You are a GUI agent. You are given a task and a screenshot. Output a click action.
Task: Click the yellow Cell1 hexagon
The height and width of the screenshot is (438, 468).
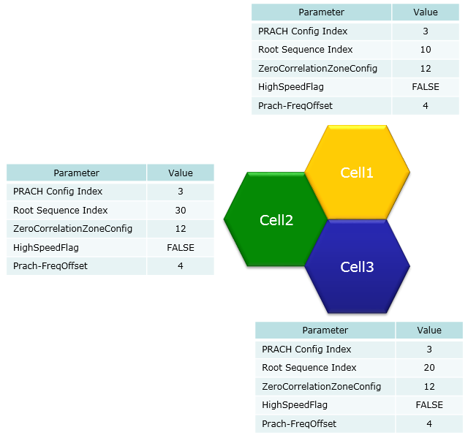click(x=357, y=173)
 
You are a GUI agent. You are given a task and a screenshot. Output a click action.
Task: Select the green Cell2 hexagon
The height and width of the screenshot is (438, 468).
click(x=276, y=219)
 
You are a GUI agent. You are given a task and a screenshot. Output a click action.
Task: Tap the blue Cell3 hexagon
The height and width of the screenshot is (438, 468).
click(x=357, y=266)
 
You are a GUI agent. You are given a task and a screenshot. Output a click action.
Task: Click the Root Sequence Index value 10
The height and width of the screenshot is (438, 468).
click(x=426, y=50)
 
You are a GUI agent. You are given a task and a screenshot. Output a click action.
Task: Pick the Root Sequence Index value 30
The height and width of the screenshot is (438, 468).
click(x=181, y=211)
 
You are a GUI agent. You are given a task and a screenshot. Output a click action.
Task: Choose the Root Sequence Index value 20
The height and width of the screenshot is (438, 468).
click(x=429, y=368)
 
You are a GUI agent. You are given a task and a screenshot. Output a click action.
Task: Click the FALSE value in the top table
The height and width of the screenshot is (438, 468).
click(x=426, y=87)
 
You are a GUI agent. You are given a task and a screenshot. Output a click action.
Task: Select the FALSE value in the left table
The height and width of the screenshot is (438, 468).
click(x=181, y=248)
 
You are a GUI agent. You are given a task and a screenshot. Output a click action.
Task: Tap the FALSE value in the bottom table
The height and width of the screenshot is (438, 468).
click(x=429, y=405)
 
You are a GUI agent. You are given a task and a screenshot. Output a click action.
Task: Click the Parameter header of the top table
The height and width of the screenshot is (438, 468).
click(x=321, y=12)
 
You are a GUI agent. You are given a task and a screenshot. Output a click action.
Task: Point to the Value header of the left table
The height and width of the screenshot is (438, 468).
click(x=181, y=173)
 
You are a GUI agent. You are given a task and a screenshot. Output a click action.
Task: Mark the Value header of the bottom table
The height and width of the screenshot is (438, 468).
click(x=429, y=331)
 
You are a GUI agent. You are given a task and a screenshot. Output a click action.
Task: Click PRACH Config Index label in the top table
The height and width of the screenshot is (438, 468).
click(x=303, y=31)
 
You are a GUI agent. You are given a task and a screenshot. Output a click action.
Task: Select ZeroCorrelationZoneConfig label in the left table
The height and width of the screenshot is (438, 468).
click(x=72, y=229)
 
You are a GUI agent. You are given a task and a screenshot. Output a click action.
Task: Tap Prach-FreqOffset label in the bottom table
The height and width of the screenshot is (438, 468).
click(x=299, y=423)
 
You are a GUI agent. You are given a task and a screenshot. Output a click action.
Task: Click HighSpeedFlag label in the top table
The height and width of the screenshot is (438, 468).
click(x=291, y=87)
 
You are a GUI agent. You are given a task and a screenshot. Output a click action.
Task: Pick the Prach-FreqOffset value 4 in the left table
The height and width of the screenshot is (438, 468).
click(x=181, y=266)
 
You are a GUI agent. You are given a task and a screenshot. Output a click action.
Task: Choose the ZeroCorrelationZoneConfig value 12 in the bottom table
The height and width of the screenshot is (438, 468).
click(x=429, y=387)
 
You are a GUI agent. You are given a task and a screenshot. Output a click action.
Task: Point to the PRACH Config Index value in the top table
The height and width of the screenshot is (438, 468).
click(x=426, y=31)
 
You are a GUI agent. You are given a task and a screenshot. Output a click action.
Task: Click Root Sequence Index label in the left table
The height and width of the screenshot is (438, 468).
click(x=60, y=211)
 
